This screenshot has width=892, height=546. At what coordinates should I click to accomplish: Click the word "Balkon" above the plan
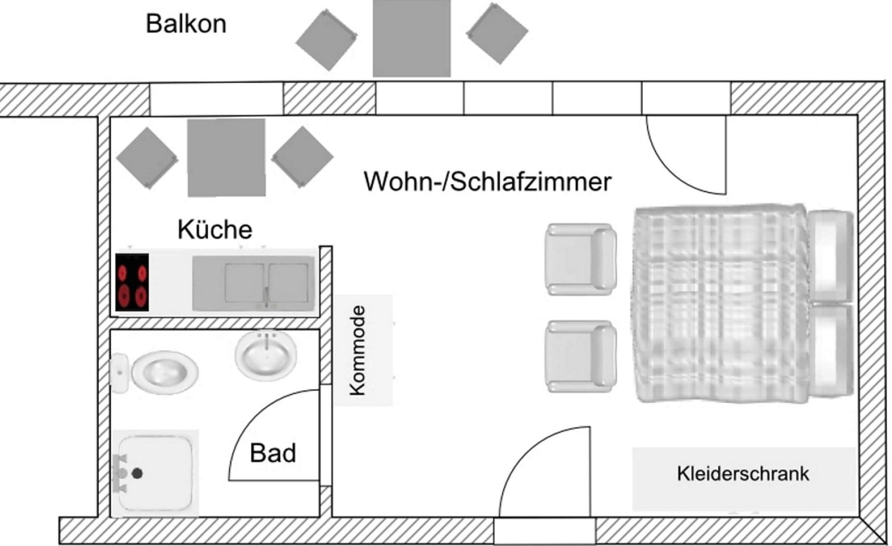click(x=186, y=24)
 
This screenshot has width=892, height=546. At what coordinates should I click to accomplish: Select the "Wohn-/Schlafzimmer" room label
click(x=487, y=182)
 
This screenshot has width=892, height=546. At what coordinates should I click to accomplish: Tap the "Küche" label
click(x=215, y=229)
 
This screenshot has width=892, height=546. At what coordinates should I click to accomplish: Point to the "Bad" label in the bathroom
click(x=273, y=453)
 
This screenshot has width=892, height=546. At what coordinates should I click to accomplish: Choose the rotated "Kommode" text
click(x=358, y=351)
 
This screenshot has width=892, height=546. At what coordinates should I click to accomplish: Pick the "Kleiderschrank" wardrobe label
click(x=743, y=474)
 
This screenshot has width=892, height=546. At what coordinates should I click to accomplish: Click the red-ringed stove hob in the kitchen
click(x=132, y=282)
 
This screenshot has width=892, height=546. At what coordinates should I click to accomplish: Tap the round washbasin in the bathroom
click(x=266, y=355)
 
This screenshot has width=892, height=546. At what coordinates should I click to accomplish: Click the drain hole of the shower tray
click(x=137, y=474)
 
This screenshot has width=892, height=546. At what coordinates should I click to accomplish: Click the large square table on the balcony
click(x=412, y=38)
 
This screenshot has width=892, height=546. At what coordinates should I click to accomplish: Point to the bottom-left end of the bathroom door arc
click(x=229, y=480)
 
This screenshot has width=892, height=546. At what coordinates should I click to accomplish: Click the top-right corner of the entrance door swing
click(x=590, y=427)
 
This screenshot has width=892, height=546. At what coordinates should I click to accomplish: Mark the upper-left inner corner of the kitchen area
click(x=110, y=117)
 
